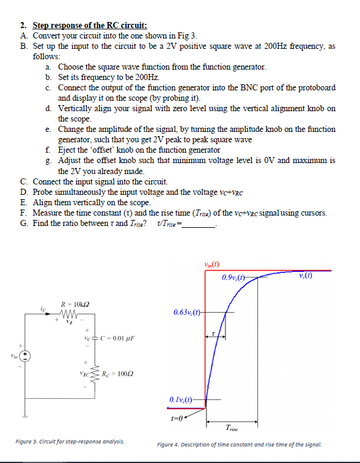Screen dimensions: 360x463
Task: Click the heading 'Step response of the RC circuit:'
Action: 89,26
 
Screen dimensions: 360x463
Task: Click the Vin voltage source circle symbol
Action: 25,355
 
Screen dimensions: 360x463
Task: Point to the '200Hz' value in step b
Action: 146,78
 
